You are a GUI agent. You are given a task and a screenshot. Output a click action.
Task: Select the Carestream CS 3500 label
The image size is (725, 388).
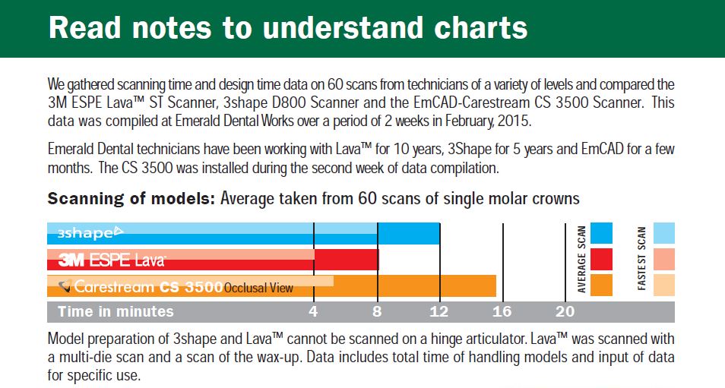click(141, 287)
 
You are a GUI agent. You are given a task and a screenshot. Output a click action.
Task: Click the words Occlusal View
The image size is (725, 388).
click(258, 289)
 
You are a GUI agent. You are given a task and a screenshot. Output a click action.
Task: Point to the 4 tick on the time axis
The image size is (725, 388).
click(314, 312)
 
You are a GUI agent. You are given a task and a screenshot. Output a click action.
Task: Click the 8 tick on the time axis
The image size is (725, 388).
click(378, 312)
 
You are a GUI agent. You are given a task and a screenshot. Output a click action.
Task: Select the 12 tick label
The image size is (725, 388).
click(439, 312)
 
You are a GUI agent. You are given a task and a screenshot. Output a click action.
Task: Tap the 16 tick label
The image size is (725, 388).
click(502, 312)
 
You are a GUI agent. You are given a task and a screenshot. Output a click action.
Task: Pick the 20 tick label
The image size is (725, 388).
click(565, 312)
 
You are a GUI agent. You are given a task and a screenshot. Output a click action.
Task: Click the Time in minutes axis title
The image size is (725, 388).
click(116, 312)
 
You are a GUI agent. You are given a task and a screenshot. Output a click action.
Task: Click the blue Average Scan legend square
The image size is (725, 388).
click(601, 233)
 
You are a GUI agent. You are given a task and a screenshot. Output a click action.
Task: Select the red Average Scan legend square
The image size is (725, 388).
click(601, 259)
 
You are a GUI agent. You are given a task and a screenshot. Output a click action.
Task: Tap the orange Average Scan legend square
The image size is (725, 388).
click(601, 285)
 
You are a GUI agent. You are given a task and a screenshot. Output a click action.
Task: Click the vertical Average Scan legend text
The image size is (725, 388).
click(581, 259)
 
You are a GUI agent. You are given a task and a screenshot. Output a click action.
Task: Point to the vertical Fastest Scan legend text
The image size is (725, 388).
click(642, 259)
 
